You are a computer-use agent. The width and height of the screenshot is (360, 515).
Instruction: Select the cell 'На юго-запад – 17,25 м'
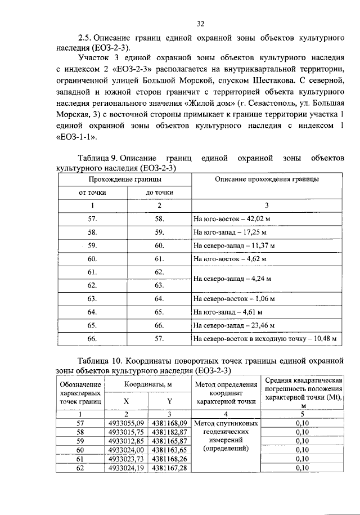click(x=229, y=232)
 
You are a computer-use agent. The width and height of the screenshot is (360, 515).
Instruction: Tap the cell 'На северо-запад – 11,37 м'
click(x=233, y=245)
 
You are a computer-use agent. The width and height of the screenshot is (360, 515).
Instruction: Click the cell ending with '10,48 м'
click(x=264, y=338)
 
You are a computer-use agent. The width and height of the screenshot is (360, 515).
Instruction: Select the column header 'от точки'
click(x=92, y=192)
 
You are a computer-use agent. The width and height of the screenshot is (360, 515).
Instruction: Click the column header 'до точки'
click(x=159, y=192)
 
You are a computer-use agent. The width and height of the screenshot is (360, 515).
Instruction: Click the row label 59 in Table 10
click(x=79, y=440)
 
